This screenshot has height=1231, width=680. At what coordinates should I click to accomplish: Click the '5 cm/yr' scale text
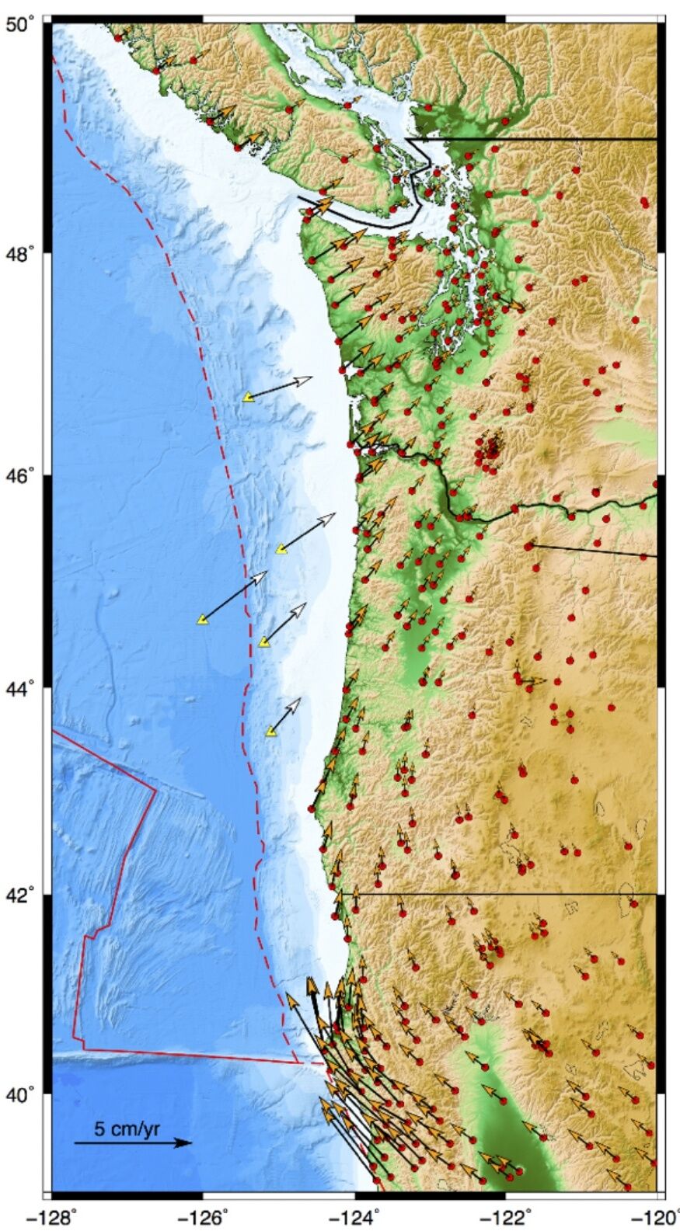tap(127, 1128)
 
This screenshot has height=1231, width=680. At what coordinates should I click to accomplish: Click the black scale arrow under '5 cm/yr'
tap(132, 1142)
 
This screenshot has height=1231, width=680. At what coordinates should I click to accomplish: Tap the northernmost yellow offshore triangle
tap(248, 397)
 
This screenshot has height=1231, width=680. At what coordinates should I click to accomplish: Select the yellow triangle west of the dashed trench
tap(202, 620)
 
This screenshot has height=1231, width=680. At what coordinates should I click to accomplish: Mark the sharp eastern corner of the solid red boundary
tap(155, 791)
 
